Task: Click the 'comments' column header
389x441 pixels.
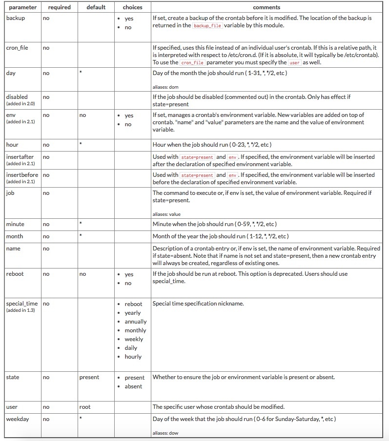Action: pos(266,7)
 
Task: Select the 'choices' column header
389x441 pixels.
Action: pos(132,7)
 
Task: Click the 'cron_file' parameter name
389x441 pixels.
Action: pos(18,48)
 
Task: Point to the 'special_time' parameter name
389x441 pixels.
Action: pos(22,304)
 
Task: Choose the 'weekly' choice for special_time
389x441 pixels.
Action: pos(134,339)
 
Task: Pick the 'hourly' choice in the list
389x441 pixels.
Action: pos(133,357)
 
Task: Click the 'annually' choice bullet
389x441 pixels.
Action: pos(135,322)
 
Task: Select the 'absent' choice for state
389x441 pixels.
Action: pos(133,386)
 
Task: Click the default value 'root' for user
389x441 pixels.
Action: pos(85,407)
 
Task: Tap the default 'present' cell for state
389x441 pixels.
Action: pos(89,377)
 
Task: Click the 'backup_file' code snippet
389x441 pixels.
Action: pos(207,26)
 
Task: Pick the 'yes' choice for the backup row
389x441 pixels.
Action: pos(129,19)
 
